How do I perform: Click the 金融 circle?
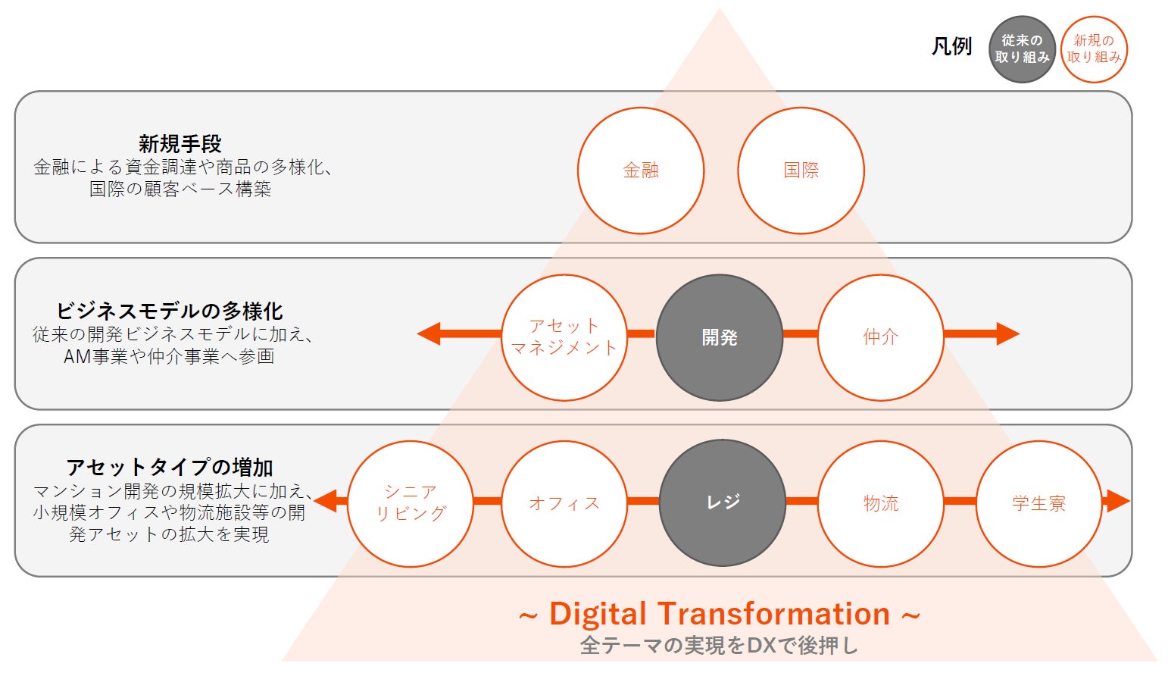(641, 171)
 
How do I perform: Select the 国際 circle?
(801, 171)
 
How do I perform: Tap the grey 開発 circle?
(719, 337)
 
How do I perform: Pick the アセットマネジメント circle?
(564, 337)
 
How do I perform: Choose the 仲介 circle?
(880, 337)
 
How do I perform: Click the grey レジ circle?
(722, 503)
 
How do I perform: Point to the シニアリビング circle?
(411, 503)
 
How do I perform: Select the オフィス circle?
(564, 503)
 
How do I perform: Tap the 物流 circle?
(880, 503)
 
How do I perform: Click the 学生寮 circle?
(1038, 503)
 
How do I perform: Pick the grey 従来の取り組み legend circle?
(1022, 49)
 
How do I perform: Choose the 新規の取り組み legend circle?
(1094, 49)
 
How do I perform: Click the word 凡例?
(951, 47)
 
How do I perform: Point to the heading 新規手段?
(180, 143)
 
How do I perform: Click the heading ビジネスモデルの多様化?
(170, 311)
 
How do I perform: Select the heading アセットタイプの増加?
(170, 467)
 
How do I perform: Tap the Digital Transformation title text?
(719, 614)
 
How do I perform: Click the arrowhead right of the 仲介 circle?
(1007, 333)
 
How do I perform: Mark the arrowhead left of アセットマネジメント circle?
(429, 333)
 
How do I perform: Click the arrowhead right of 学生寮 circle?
(1116, 501)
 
